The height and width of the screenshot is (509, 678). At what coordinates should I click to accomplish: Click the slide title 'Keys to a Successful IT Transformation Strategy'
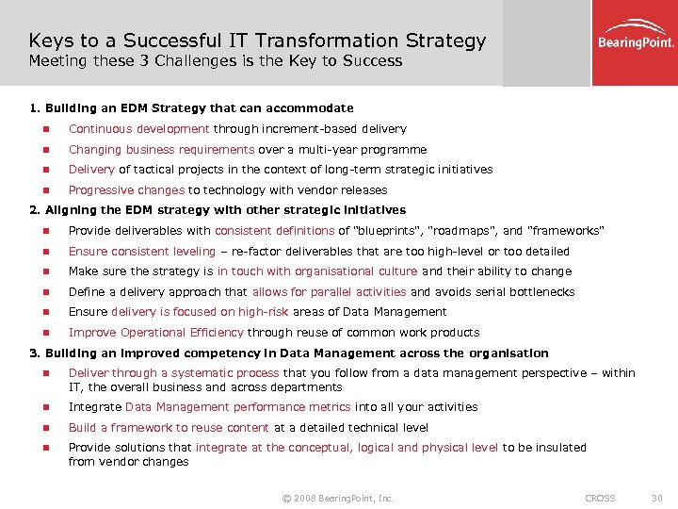pos(257,41)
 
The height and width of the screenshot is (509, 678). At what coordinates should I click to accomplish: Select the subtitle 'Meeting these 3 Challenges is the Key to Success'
pos(215,61)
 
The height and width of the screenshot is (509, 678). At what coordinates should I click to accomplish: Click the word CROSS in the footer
pos(600,498)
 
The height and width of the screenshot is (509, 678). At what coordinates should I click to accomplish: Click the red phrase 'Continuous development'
pos(138,129)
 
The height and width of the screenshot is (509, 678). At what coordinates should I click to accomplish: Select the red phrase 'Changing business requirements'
pos(161,150)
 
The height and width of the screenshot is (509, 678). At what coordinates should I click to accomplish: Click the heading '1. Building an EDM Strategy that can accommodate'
pos(192,108)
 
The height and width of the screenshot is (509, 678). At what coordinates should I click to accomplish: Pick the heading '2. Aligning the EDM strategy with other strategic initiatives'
pos(218,210)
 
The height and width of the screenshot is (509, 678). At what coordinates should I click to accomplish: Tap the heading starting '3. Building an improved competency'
pos(289,353)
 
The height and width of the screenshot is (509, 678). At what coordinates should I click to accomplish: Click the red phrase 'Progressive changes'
pos(126,190)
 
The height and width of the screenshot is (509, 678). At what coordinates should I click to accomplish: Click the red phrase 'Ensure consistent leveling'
pos(143,252)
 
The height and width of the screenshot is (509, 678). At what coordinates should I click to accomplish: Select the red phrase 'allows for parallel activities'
pos(329,292)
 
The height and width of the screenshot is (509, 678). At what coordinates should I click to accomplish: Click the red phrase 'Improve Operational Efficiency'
pos(155,333)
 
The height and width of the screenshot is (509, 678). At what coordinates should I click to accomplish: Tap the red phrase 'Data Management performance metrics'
pos(238,407)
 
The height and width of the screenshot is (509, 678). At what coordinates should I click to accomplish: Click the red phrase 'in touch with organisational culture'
pos(317,271)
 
